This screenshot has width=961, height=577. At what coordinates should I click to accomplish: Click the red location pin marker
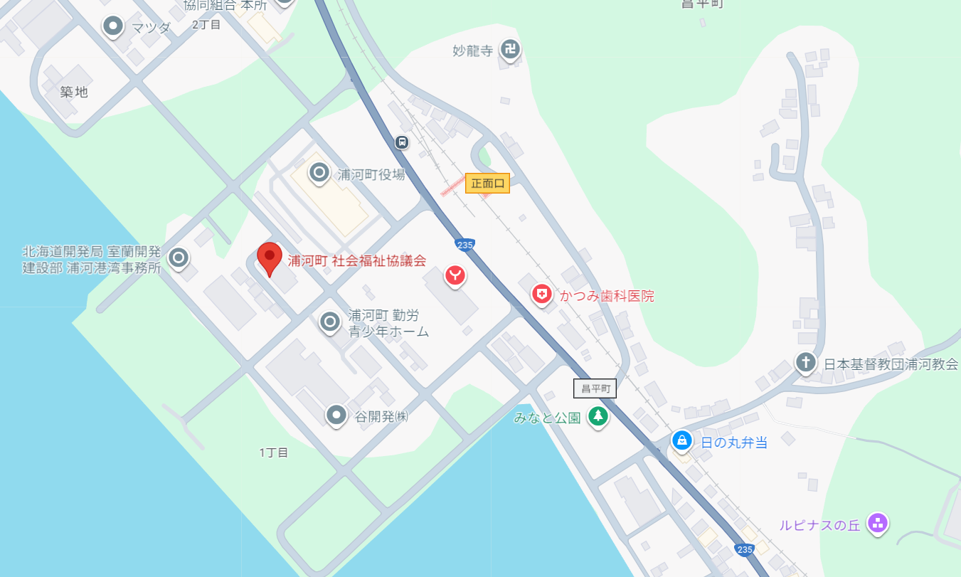(269, 257)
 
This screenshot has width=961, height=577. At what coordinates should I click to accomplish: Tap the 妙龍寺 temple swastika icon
(509, 49)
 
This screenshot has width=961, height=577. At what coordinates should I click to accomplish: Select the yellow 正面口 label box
(488, 183)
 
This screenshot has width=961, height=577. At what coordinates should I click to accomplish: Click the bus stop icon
(402, 142)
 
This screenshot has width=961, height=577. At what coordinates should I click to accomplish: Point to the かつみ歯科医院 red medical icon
(542, 295)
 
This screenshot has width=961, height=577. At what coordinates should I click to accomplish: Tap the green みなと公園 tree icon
(598, 416)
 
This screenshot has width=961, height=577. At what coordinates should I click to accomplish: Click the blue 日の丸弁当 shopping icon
(682, 441)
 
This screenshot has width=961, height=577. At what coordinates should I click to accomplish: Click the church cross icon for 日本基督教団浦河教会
(805, 362)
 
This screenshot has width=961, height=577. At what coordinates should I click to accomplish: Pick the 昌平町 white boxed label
(595, 388)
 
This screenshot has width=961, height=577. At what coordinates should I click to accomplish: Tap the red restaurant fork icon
(455, 275)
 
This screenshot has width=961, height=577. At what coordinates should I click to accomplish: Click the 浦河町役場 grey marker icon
(319, 172)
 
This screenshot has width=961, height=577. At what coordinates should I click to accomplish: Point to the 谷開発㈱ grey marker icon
(336, 415)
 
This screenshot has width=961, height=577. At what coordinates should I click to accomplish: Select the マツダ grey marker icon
(113, 27)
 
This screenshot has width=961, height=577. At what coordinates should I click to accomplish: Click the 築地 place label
(74, 92)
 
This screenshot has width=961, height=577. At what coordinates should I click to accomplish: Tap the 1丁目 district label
(274, 452)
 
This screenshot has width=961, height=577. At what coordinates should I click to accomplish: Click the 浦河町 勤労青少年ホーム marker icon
(329, 322)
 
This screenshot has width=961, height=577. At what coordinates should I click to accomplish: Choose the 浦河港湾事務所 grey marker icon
(179, 258)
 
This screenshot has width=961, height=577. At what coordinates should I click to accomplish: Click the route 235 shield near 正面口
(464, 245)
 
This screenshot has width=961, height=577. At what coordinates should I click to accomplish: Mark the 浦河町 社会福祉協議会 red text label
(356, 260)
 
